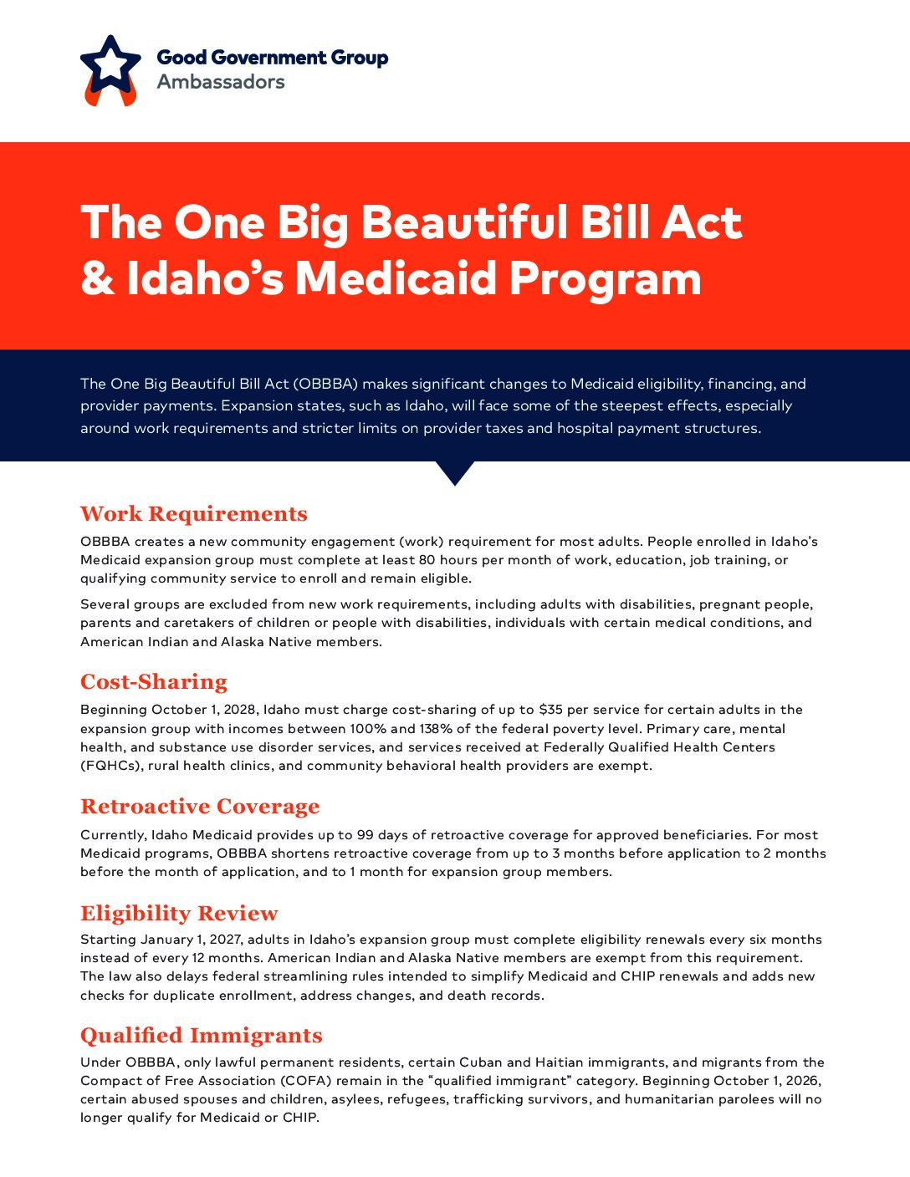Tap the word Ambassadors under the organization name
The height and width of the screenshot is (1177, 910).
point(221,82)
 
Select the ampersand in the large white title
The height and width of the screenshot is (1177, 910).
point(97,278)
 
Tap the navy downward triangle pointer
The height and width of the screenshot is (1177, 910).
point(455,472)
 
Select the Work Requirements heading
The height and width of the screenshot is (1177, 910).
point(194,513)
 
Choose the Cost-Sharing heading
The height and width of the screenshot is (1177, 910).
point(154,681)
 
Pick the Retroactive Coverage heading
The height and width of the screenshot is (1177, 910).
point(200,806)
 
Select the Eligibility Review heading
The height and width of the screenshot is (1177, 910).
point(179,913)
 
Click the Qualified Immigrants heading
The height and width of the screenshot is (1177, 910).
point(202,1035)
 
